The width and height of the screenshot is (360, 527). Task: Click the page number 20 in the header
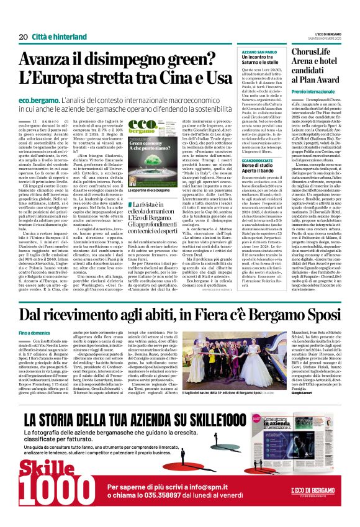(x=23, y=37)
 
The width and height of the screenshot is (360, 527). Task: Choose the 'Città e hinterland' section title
(x=55, y=37)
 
